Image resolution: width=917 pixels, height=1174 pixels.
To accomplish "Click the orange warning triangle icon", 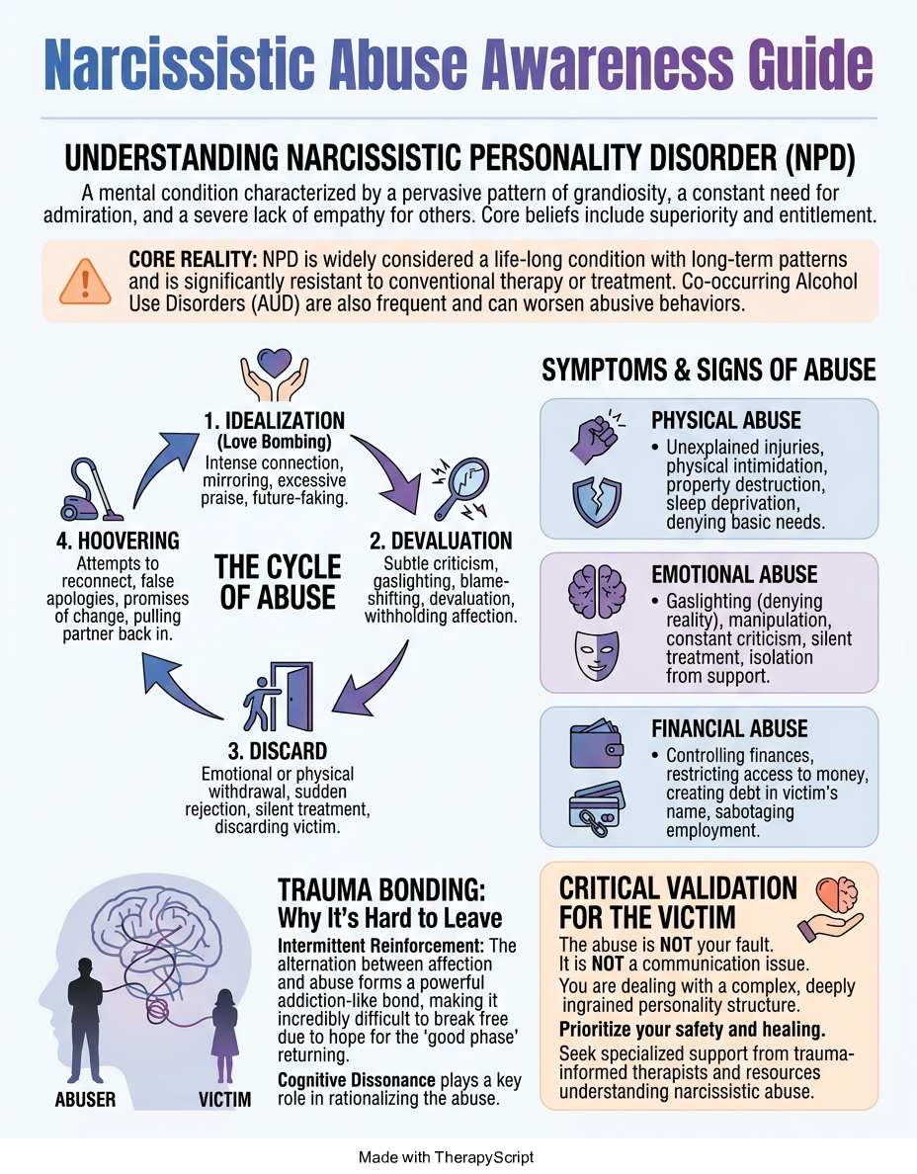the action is [85, 282].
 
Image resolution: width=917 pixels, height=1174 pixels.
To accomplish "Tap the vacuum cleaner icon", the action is [91, 490].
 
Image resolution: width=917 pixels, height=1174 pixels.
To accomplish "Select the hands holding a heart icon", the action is [274, 375].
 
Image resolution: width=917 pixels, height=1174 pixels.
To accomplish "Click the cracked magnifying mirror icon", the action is [459, 488].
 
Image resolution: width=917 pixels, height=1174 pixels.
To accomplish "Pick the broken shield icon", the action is [597, 502].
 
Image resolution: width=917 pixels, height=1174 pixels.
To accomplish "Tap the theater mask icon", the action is [597, 654].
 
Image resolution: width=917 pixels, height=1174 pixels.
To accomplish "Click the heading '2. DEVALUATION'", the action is [441, 541].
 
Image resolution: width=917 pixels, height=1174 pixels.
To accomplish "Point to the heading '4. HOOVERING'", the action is [118, 541].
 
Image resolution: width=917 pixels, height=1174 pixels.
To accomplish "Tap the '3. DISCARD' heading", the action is [277, 751].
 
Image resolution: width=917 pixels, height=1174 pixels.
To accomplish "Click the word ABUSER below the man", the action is [85, 1099].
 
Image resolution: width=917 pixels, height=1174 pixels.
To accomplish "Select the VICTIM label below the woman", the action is [224, 1099].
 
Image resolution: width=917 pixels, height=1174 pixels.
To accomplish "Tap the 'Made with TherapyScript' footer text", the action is [447, 1157].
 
